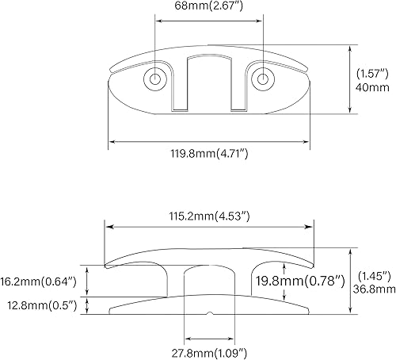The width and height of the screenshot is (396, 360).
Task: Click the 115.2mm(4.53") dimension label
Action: (x=208, y=215)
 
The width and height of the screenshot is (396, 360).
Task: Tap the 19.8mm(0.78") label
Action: (x=299, y=280)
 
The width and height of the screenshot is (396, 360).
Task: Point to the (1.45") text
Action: (x=374, y=275)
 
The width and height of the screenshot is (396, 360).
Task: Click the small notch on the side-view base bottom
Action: (x=208, y=313)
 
